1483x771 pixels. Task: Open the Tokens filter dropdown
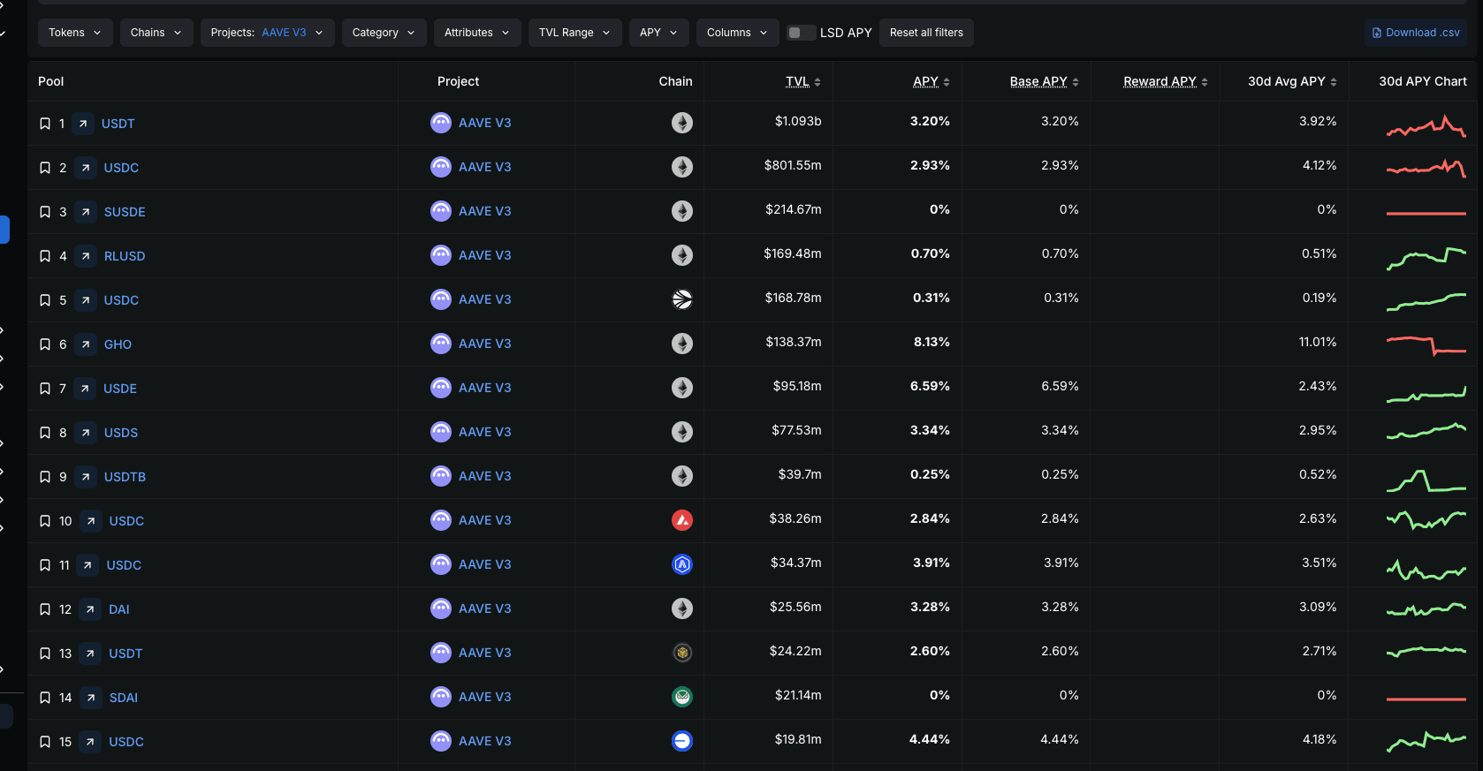[x=75, y=33]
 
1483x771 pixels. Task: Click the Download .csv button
[x=1415, y=33]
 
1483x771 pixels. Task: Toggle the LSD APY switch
[x=801, y=33]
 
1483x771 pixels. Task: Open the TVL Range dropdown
[x=574, y=33]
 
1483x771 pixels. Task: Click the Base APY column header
[x=1038, y=81]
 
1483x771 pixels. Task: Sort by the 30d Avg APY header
[x=1286, y=81]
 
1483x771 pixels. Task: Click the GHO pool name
[x=118, y=344]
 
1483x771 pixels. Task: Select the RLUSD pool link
[x=125, y=256]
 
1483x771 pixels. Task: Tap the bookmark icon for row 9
[x=45, y=477]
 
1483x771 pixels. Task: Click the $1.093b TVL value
[x=798, y=121]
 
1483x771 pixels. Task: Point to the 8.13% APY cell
[x=932, y=342]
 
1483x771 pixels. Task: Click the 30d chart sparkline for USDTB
[x=1426, y=481]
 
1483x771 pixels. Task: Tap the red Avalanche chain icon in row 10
[x=682, y=520]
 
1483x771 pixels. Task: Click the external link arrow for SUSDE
[x=86, y=212]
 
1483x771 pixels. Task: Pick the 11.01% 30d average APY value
[x=1317, y=342]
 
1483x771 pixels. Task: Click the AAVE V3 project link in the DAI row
[x=484, y=608]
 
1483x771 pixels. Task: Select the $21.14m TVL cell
[x=798, y=695]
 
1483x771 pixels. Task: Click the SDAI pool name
[x=124, y=698]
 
